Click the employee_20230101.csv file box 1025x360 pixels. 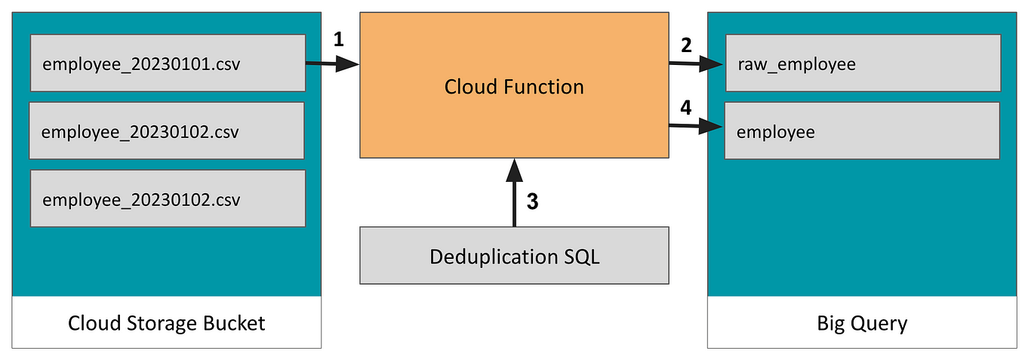168,63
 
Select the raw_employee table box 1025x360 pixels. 862,63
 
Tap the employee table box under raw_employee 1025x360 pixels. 862,131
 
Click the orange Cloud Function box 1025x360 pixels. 514,85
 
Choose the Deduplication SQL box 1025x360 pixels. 514,256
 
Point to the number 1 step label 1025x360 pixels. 338,39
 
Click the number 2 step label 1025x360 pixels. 685,45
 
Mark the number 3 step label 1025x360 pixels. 532,202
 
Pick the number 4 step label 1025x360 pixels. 685,108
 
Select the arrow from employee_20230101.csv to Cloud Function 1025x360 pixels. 332,66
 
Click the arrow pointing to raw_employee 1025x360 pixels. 695,65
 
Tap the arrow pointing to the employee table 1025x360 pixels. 695,127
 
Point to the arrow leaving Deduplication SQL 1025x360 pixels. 514,192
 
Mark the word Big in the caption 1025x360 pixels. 831,324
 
